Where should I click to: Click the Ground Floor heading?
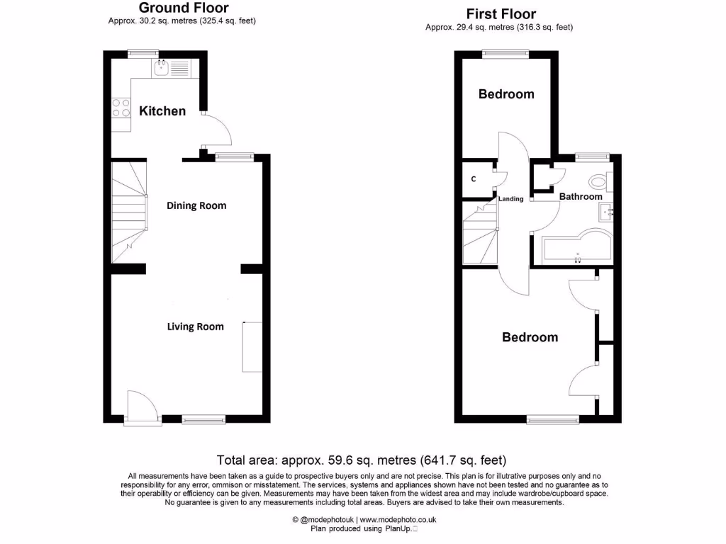point(183,8)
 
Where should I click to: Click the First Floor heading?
point(501,14)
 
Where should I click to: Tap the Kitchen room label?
point(162,111)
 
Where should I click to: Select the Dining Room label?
point(196,206)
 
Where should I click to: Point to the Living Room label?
point(195,327)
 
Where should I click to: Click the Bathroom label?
point(581,197)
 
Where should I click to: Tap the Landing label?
point(510,199)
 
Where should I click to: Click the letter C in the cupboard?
point(474,179)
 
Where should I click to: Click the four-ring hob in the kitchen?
point(121,108)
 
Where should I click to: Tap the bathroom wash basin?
point(606,211)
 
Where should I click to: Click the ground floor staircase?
point(128,212)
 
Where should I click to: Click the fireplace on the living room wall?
point(252,346)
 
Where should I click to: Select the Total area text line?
point(362,460)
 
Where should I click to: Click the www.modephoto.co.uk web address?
point(398,520)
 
